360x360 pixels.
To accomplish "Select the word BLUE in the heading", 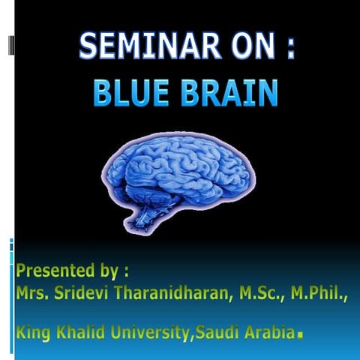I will coord(129,94).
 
